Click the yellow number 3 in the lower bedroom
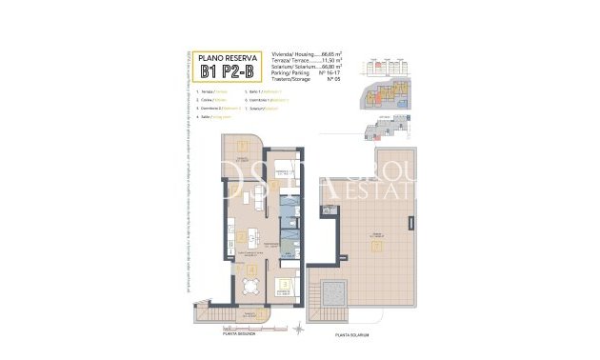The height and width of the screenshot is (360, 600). coord(283,283)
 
